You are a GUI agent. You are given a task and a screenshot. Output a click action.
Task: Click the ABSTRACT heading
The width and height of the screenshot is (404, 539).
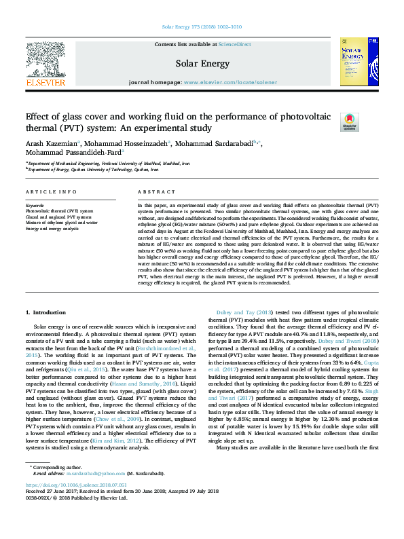point(152,192)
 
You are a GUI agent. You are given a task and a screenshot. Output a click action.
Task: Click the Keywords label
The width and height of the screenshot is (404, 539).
point(35,205)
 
